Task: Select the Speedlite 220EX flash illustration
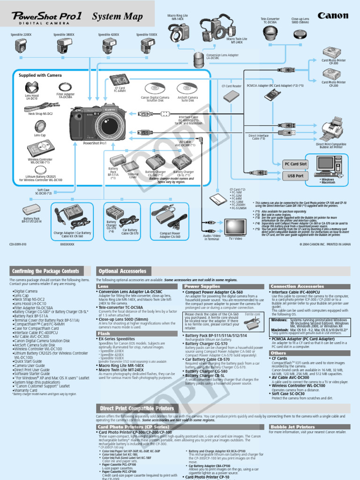21,46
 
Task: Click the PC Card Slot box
296,164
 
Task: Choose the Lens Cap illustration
40,126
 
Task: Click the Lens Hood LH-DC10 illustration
32,87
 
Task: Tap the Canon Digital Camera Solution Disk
155,88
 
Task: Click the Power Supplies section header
202,286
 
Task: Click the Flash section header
104,334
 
